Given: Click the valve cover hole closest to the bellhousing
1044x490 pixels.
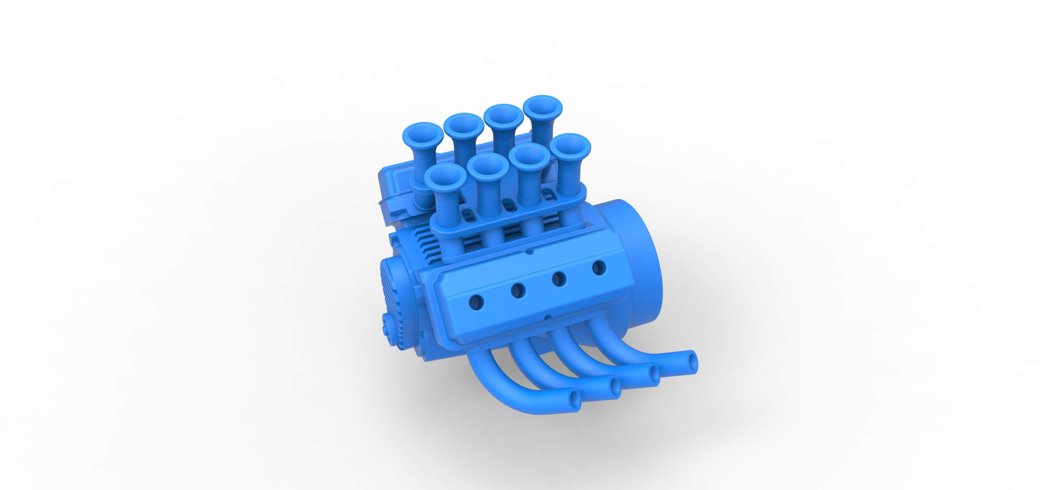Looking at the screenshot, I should coord(599,267).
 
